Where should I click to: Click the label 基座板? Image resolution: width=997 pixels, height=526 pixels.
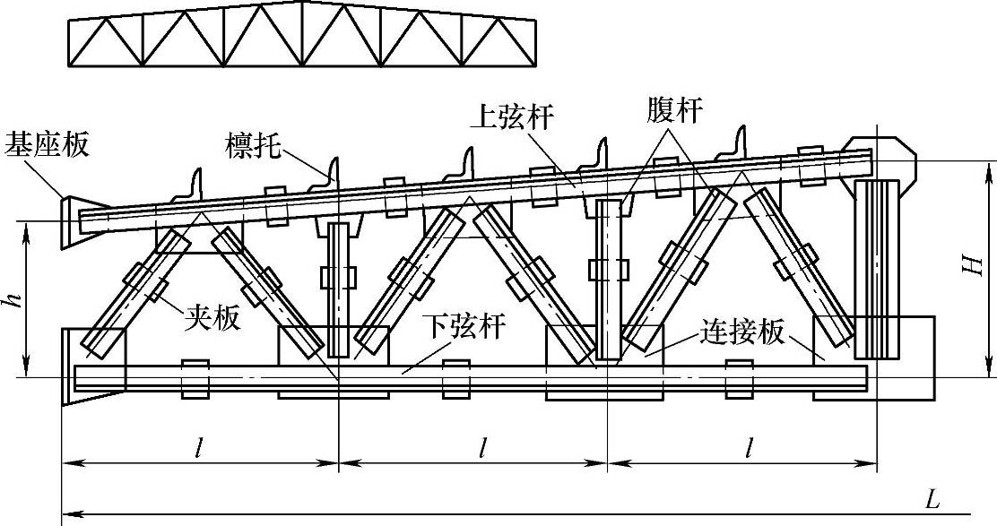[48, 144]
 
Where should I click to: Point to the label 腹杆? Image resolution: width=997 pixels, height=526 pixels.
[674, 111]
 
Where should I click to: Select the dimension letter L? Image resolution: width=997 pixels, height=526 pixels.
[932, 500]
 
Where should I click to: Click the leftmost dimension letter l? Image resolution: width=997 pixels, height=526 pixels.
[198, 445]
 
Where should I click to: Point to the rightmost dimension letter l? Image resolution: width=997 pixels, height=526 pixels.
[747, 445]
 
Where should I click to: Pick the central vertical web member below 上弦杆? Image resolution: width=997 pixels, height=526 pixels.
[608, 278]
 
